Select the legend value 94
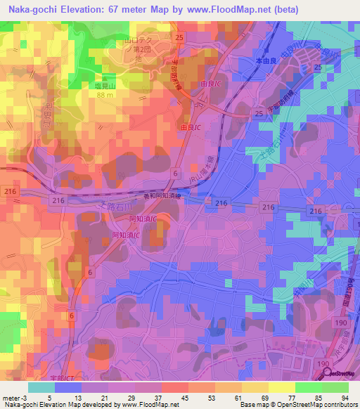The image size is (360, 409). [345, 398]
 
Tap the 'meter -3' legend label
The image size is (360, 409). [15, 398]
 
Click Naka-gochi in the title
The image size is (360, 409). [31, 9]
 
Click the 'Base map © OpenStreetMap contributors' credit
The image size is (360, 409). [299, 405]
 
